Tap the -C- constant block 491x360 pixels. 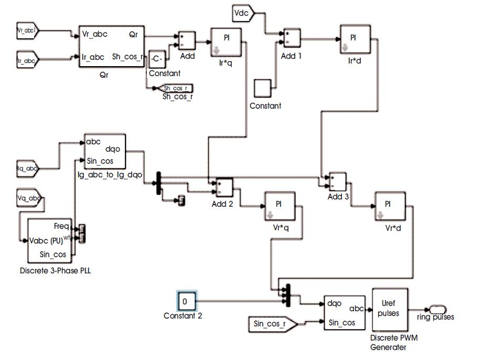[157, 59]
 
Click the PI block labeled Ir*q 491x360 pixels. [227, 43]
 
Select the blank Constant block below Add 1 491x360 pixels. [264, 88]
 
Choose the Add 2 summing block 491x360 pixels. [222, 186]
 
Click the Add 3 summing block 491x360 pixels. [337, 182]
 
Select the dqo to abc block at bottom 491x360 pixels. [344, 313]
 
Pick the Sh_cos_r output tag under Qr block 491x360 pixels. [176, 88]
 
